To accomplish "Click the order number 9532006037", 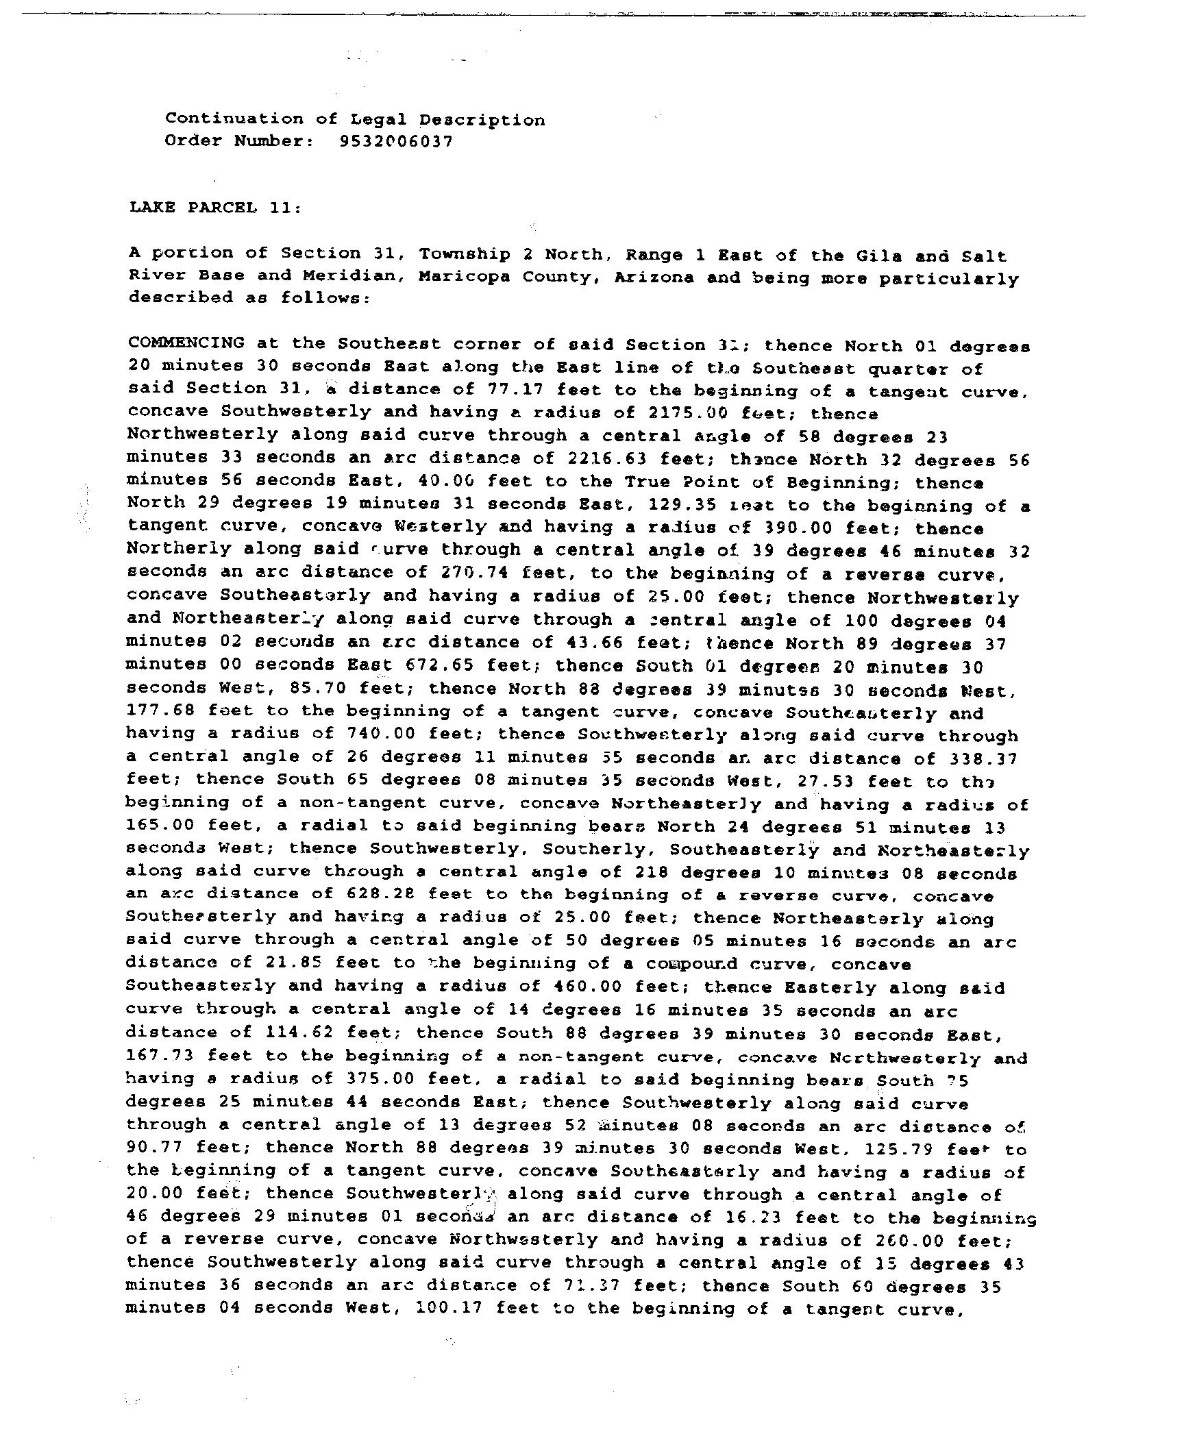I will (x=395, y=142).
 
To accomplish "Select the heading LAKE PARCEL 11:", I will (x=214, y=208).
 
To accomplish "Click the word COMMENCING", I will (x=186, y=343).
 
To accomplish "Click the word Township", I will (x=465, y=254).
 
